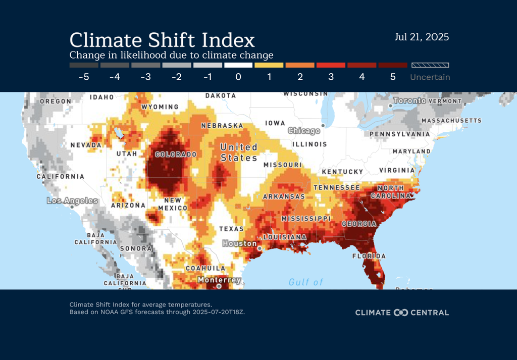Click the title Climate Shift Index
(162, 40)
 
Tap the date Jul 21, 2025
(422, 37)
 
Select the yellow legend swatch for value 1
(269, 65)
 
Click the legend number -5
(84, 77)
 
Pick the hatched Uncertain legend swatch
(430, 65)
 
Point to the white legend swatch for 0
(238, 65)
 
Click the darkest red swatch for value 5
(392, 65)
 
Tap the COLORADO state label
(176, 154)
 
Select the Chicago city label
(304, 131)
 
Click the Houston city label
(240, 243)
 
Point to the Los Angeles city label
(72, 200)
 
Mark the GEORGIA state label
(358, 224)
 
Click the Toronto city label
(410, 101)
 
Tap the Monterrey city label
(219, 280)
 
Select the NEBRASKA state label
(222, 125)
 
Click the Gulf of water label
(305, 282)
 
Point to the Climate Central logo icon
(400, 313)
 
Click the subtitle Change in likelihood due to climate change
(171, 55)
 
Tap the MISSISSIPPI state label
(305, 219)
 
